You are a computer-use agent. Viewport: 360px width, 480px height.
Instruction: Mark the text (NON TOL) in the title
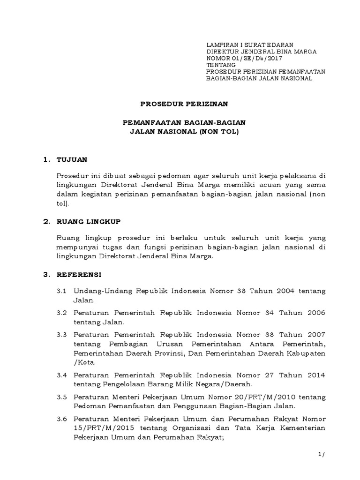point(219,133)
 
